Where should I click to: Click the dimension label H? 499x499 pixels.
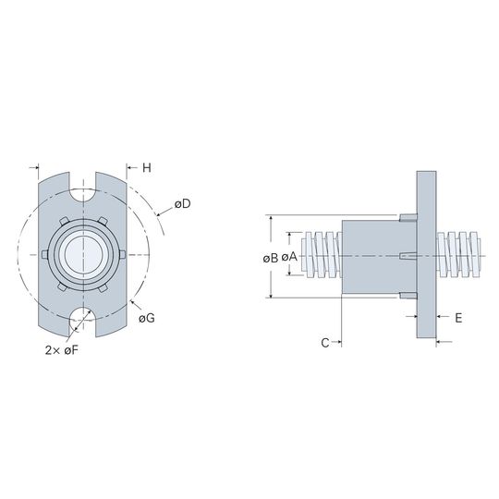[147, 167]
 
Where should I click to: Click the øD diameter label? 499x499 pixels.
[182, 204]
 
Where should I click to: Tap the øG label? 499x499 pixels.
[147, 318]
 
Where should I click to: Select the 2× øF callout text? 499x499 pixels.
[61, 350]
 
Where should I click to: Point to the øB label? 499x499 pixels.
[271, 258]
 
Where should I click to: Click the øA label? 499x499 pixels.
[289, 257]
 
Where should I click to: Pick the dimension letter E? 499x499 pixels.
[458, 318]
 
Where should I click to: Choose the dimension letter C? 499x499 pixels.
[325, 343]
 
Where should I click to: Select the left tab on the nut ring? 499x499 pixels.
[45, 254]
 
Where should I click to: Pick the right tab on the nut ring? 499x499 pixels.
[122, 254]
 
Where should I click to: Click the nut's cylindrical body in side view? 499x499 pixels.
[379, 257]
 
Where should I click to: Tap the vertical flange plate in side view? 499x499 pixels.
[426, 255]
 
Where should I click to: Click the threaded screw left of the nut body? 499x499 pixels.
[322, 255]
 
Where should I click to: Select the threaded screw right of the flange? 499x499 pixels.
[459, 255]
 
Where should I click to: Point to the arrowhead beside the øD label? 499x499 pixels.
[160, 214]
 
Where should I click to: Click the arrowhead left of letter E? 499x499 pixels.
[414, 316]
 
